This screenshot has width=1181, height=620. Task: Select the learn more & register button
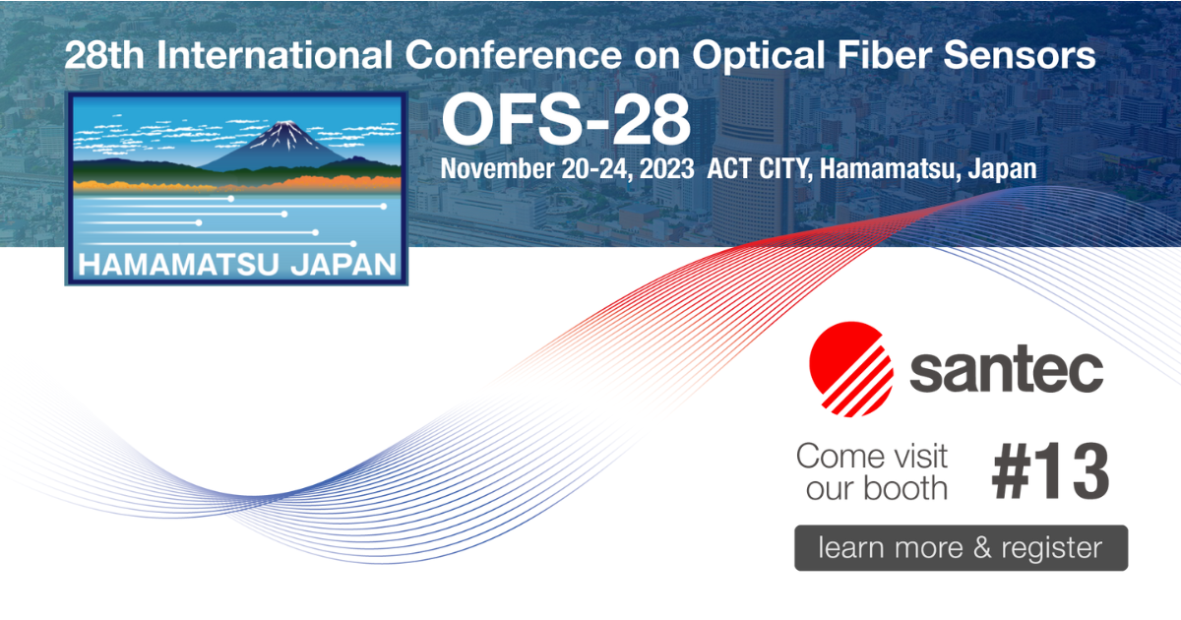961,547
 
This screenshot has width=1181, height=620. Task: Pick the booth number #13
1049,473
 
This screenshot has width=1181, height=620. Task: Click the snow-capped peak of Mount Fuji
285,131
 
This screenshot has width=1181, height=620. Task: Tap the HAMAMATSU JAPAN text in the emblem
237,265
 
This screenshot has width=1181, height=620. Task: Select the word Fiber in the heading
900,56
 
